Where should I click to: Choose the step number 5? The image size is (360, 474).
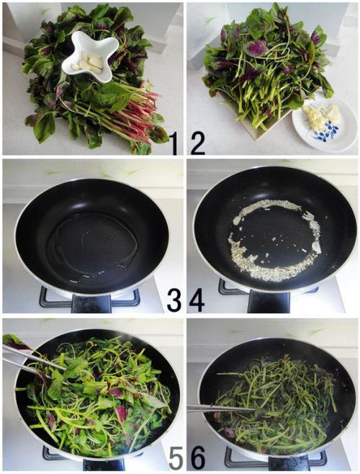(x=176, y=458)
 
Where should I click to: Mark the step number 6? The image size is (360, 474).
(x=197, y=458)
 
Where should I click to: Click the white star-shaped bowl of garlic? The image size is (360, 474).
(x=89, y=57)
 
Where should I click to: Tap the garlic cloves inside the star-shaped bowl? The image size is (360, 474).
(x=88, y=63)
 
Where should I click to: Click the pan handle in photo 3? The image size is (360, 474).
(x=91, y=303)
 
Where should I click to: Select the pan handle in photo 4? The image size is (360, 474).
(x=269, y=302)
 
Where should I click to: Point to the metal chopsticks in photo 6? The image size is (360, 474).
(x=221, y=409)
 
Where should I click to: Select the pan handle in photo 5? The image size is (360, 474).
(x=104, y=465)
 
